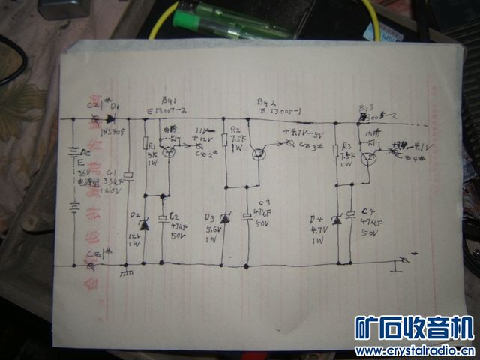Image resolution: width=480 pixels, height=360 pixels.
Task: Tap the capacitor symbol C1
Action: click(128, 176)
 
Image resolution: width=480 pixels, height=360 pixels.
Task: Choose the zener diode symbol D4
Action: click(337, 219)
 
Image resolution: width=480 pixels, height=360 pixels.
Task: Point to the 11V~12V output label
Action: click(203, 135)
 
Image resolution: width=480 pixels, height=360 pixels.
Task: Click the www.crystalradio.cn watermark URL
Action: click(415, 350)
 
